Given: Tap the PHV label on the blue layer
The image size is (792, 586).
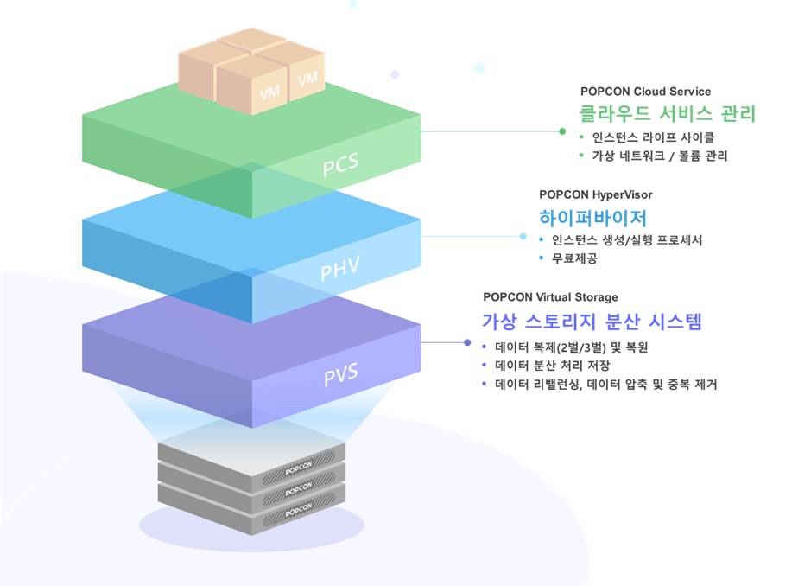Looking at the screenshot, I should [339, 271].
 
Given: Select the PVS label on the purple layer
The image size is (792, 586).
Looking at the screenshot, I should [340, 376].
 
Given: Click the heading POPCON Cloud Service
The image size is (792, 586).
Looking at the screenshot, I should [645, 92].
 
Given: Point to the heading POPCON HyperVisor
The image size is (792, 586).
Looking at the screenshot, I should [596, 194].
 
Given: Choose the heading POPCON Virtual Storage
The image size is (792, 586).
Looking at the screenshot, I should [550, 297].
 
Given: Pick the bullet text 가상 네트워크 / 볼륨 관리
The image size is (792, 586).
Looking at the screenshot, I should [660, 156].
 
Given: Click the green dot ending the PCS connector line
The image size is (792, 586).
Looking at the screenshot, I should [562, 131].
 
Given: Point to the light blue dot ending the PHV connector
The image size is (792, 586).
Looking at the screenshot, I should [522, 236].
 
